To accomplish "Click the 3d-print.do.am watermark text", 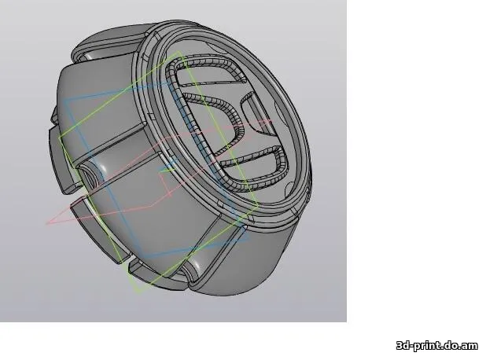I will [437, 346].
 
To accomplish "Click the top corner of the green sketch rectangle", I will [180, 53].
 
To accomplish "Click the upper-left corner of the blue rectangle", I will [67, 101].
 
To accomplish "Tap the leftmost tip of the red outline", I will [46, 223].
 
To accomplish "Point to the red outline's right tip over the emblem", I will [274, 120].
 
